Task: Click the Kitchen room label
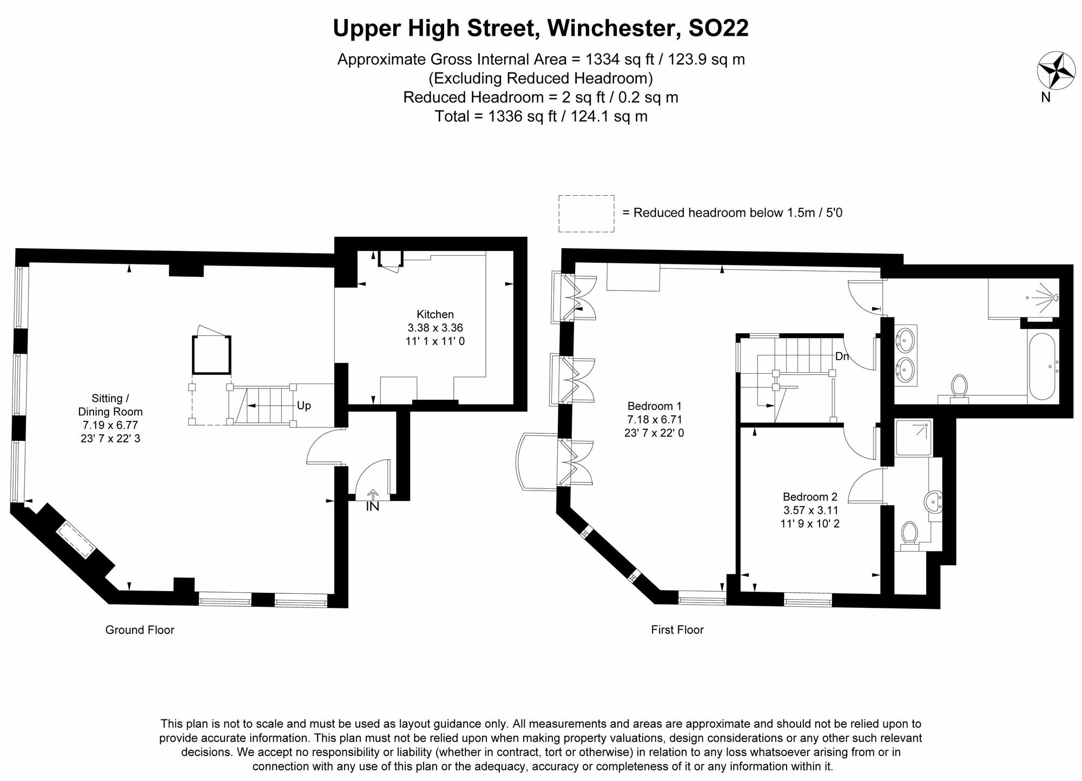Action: (435, 314)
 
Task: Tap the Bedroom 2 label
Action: (810, 497)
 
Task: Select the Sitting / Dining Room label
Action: (110, 405)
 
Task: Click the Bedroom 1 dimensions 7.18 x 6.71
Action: (654, 419)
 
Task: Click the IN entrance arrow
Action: (373, 494)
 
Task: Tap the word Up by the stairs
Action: (304, 406)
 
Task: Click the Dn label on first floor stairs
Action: (842, 356)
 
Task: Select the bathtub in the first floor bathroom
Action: (1041, 366)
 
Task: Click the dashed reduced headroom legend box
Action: (586, 214)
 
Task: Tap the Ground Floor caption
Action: (140, 630)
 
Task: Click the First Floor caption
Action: (677, 630)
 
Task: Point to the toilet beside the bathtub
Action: (959, 387)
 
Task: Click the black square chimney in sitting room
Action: (212, 355)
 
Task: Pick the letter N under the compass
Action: (1046, 97)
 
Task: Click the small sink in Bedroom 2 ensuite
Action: (934, 501)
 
